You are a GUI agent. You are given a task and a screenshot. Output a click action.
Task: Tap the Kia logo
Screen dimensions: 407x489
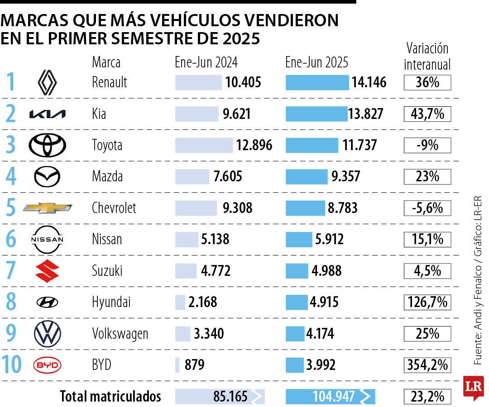point(47,114)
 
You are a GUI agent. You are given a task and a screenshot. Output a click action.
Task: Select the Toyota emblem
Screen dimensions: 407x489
point(47,146)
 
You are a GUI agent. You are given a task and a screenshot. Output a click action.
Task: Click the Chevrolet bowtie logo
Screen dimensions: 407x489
point(47,208)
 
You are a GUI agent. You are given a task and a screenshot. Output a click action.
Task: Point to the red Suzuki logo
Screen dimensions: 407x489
point(47,271)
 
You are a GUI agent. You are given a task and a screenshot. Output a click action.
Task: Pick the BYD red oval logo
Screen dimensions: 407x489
point(47,365)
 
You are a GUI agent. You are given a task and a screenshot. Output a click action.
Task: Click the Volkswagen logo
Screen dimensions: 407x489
point(47,334)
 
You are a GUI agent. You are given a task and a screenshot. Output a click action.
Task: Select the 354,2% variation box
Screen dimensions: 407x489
point(427,364)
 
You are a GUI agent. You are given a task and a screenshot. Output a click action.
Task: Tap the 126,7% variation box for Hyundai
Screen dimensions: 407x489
point(427,302)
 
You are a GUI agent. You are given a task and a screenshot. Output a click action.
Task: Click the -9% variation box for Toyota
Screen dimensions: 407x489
point(427,146)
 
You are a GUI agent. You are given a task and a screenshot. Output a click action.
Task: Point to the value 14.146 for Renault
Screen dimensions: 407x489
point(369,83)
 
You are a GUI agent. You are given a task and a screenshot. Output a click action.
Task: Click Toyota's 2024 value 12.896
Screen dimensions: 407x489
point(254,146)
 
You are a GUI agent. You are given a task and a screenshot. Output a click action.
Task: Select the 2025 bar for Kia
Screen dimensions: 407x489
point(316,114)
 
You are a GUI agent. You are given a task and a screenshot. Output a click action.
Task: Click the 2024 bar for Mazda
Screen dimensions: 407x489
point(192,177)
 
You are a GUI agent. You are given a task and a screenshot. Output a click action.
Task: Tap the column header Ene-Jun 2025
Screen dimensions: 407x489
point(317,62)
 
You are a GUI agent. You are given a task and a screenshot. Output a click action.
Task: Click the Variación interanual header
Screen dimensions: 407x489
point(427,57)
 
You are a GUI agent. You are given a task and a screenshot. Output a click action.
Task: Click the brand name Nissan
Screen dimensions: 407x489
point(107,239)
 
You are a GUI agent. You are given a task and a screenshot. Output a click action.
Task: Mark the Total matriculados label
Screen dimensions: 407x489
point(110,397)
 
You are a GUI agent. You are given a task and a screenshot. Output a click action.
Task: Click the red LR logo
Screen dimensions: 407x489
point(473,387)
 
